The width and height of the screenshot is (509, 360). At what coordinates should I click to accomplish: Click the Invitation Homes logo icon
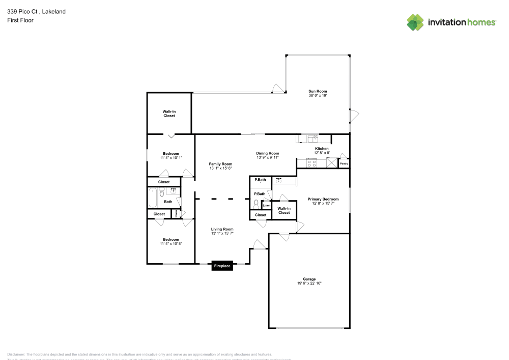pyautogui.click(x=415, y=22)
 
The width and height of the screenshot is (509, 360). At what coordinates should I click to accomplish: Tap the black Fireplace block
pyautogui.click(x=222, y=266)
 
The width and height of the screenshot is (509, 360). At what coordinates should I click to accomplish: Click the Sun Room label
pyautogui.click(x=318, y=91)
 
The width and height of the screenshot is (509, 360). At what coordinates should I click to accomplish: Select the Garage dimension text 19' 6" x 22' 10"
pyautogui.click(x=309, y=283)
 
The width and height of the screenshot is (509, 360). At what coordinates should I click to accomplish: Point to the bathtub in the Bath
pyautogui.click(x=153, y=198)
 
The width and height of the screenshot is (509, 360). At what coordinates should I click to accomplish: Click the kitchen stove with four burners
pyautogui.click(x=312, y=163)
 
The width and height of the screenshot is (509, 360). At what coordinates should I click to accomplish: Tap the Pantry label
pyautogui.click(x=344, y=163)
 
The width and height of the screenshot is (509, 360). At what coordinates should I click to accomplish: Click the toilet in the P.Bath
pyautogui.click(x=256, y=202)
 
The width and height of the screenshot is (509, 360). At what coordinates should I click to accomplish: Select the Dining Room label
pyautogui.click(x=267, y=153)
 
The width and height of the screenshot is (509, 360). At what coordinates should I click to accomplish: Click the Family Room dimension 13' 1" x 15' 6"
pyautogui.click(x=220, y=168)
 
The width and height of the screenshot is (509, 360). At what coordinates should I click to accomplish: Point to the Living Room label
pyautogui.click(x=222, y=229)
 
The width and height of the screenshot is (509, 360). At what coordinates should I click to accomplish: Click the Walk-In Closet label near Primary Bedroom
pyautogui.click(x=284, y=210)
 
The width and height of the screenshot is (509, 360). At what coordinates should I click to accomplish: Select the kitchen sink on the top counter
pyautogui.click(x=311, y=137)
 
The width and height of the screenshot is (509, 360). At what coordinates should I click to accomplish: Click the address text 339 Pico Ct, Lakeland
pyautogui.click(x=36, y=11)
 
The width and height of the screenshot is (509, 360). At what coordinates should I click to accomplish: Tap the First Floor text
pyautogui.click(x=20, y=20)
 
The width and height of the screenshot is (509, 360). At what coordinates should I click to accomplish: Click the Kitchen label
pyautogui.click(x=322, y=148)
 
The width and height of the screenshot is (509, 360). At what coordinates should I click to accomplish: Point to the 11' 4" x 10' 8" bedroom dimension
pyautogui.click(x=171, y=244)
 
